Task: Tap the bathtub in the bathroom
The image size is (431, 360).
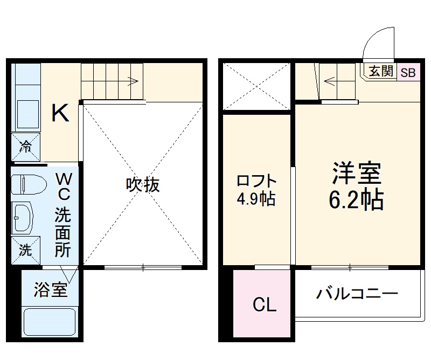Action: tap(49, 322)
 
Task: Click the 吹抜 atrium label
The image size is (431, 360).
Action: tap(143, 185)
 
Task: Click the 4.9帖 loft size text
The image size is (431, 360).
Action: tap(256, 199)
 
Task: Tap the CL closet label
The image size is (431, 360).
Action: tap(265, 306)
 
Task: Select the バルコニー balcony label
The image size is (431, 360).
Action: tap(357, 294)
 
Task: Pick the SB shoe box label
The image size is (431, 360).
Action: tap(408, 72)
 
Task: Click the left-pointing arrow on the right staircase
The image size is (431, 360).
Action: tap(329, 82)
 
